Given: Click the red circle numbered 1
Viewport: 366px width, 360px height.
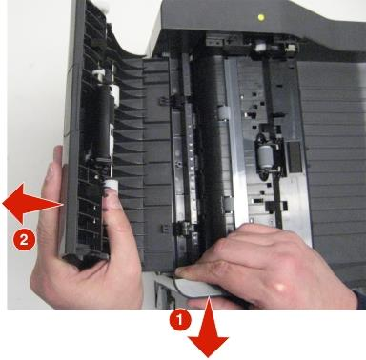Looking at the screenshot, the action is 180,320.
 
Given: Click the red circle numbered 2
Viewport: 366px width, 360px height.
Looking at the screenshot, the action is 24,240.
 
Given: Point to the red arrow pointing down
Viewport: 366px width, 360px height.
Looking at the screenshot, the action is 209,328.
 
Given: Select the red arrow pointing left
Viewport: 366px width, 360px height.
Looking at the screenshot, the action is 31,203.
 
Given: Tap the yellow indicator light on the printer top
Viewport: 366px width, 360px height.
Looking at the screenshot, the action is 261,17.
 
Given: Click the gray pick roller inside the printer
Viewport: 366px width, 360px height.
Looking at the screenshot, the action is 265,156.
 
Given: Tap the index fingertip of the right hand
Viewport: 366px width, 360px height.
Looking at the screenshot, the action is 180,272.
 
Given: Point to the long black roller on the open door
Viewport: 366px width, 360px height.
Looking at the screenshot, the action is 102,126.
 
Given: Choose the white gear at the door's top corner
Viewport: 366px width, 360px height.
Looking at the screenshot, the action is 102,7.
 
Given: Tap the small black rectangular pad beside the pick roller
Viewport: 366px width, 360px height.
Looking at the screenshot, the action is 294,157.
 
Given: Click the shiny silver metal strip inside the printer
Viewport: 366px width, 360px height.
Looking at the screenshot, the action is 236,143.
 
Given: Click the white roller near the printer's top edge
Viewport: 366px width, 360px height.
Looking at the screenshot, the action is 260,48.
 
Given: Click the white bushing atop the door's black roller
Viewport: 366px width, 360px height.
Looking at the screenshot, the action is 113,94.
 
